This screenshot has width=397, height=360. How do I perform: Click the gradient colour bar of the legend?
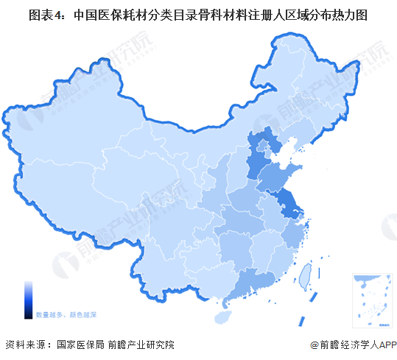28,298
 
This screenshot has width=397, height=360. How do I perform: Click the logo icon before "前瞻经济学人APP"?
315,345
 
